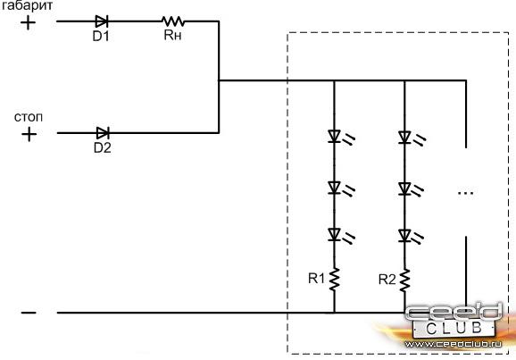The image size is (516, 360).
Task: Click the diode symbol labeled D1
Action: pos(102,21)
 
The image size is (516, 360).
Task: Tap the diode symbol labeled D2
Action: pos(103,133)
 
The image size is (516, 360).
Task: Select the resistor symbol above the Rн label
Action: pos(173,21)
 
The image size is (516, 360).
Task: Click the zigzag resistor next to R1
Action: pos(335,280)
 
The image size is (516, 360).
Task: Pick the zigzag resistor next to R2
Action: pos(404,280)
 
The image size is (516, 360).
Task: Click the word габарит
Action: pos(27,6)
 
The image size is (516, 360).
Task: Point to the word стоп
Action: pos(29,117)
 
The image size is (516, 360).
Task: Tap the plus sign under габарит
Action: pos(28,23)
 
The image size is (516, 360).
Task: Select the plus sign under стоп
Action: pos(29,134)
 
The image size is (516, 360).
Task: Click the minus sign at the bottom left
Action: pos(29,313)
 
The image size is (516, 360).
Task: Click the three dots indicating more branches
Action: pos(466,193)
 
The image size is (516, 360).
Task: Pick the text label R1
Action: pos(316,279)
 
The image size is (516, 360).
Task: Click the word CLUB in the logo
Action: pos(454,328)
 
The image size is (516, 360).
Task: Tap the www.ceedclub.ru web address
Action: pos(454,344)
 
